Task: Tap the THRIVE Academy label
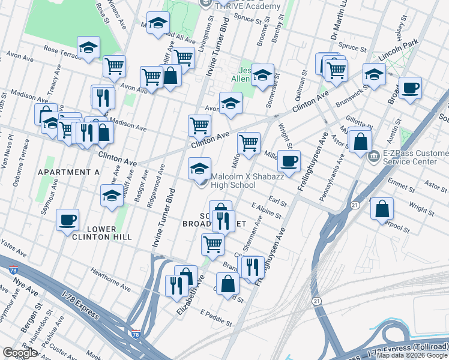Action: click(246, 5)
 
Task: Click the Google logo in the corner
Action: click(20, 353)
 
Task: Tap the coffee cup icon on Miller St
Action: click(289, 161)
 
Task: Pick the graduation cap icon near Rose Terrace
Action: click(88, 47)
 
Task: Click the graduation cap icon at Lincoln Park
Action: click(374, 75)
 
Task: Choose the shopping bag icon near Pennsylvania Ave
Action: click(360, 142)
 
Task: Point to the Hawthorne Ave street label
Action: click(110, 280)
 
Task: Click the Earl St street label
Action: click(278, 199)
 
